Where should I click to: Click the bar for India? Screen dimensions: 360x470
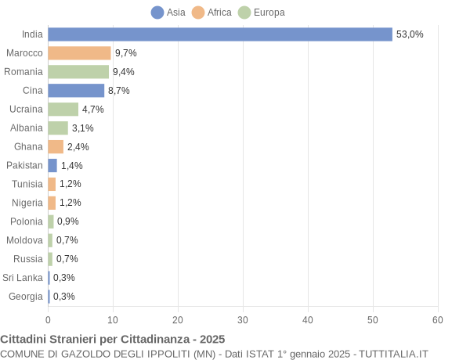click(220, 34)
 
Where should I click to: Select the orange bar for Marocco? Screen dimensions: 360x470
click(79, 53)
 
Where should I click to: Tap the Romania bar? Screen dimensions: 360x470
click(78, 72)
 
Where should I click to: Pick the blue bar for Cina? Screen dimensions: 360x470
click(76, 91)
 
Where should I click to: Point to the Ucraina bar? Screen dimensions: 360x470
click(63, 110)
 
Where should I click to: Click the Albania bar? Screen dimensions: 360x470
click(58, 128)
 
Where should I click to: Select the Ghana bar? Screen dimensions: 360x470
click(56, 147)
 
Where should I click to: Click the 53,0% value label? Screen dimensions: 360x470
click(410, 34)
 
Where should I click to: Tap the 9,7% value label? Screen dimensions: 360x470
click(126, 53)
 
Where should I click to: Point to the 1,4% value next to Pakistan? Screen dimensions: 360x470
click(72, 166)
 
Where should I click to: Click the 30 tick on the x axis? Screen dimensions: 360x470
click(243, 320)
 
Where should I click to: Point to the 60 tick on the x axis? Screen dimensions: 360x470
click(438, 320)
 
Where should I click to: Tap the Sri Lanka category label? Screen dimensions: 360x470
click(23, 278)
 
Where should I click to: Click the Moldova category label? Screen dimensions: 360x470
click(25, 240)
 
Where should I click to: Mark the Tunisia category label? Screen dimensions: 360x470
click(27, 184)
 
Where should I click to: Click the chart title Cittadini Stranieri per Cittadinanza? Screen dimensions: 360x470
click(113, 339)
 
